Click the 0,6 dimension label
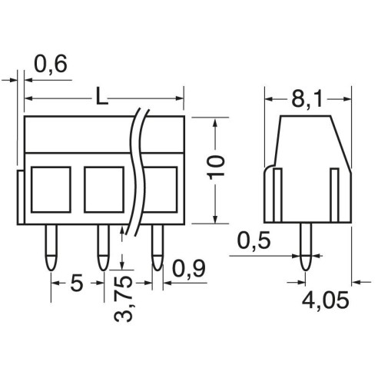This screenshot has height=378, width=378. pyautogui.click(x=51, y=65)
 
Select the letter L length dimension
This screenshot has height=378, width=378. pyautogui.click(x=101, y=96)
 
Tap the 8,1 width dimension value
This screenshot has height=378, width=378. pyautogui.click(x=307, y=99)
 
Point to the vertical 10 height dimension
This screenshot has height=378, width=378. pyautogui.click(x=215, y=167)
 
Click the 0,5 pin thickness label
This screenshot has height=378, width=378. pyautogui.click(x=254, y=240)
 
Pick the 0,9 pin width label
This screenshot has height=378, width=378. pyautogui.click(x=189, y=269)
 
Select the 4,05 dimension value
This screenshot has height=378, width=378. pyautogui.click(x=325, y=300)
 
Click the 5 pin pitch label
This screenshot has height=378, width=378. pyautogui.click(x=77, y=283)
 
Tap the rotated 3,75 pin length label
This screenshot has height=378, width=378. pyautogui.click(x=123, y=298)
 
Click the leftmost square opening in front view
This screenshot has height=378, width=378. pyautogui.click(x=51, y=190)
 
